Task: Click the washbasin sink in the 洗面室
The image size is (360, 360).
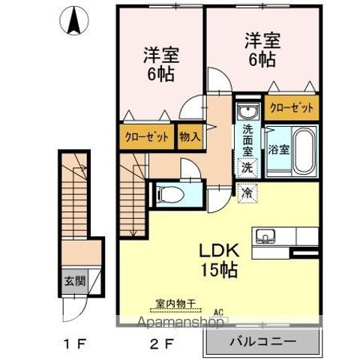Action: coord(247,112)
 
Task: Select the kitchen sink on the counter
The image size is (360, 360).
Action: coord(265,238)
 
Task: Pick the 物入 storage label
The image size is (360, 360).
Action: coord(190,137)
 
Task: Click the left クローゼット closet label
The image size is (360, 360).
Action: coord(147,137)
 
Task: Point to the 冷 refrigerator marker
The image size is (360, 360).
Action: coord(247,193)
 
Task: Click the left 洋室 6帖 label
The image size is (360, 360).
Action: coord(160,64)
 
